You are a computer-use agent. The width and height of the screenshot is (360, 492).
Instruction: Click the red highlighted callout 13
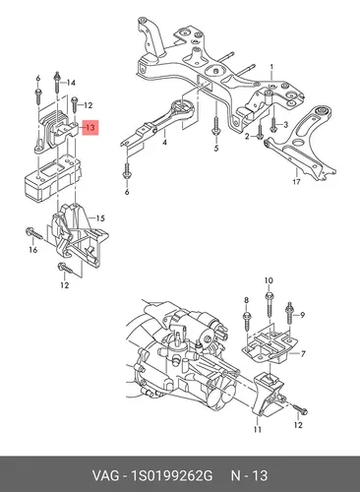90,127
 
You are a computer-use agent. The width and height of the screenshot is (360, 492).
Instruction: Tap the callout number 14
71,83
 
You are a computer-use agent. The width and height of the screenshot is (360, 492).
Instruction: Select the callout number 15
100,218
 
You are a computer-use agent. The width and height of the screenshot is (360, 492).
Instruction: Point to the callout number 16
33,250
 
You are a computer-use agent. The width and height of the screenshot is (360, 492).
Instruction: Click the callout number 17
296,181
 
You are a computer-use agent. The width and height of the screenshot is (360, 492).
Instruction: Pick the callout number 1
271,67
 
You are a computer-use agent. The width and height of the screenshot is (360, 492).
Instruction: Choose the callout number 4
164,143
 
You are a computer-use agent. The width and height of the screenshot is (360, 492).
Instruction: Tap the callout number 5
216,149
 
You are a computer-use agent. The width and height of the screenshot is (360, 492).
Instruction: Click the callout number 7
303,353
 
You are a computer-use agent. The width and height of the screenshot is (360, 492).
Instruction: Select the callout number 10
269,280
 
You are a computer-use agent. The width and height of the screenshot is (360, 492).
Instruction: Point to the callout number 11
258,429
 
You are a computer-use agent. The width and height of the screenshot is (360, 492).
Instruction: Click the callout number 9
302,315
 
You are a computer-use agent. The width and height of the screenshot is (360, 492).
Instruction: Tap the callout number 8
247,300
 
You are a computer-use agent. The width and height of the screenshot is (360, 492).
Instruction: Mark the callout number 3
285,125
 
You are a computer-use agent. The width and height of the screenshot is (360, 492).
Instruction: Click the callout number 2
248,137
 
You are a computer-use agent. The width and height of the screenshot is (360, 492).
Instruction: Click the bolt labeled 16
33,233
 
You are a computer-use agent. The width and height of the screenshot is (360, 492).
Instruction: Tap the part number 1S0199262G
172,475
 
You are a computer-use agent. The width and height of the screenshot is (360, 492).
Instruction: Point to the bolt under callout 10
269,304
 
